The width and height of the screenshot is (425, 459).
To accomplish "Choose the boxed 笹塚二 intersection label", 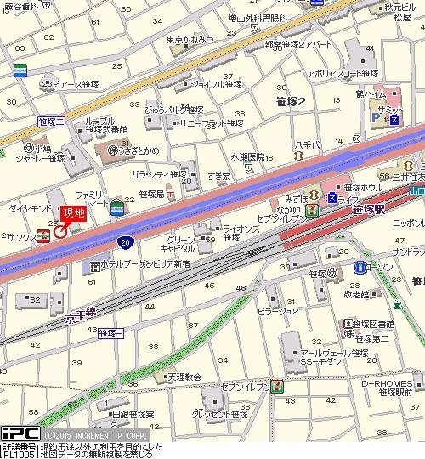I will coord(52,122).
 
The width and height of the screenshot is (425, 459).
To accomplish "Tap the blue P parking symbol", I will coord(376,120).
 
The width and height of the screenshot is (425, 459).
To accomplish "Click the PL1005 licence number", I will coord(19,454).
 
